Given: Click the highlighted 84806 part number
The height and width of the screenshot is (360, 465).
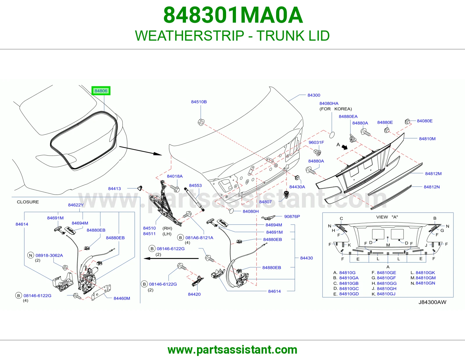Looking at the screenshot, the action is [101, 91].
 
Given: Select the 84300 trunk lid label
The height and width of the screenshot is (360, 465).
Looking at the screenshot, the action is [314, 95].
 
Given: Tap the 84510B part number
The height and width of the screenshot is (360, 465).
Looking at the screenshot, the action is [199, 102].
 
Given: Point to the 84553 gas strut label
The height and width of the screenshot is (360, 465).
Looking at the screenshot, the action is [195, 185].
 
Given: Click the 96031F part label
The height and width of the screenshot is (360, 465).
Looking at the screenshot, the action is [316, 142].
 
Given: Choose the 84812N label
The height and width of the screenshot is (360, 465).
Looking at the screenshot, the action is [432, 187].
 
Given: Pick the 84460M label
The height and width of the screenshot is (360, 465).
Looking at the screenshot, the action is [122, 298].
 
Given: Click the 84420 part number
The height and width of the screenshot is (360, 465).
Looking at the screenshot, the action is [194, 294].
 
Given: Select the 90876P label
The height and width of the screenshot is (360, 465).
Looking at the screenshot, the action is [292, 216].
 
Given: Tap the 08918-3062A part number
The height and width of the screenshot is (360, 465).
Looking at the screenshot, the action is [49, 255].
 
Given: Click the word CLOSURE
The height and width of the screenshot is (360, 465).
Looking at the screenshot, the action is [28, 202].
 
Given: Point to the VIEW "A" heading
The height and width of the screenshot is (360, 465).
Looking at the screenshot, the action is [387, 217].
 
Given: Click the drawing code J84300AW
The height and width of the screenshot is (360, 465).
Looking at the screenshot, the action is [432, 302].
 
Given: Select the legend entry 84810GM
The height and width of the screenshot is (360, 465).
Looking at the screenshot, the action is [425, 278].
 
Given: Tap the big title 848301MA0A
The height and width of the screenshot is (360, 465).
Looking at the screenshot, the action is [233, 15].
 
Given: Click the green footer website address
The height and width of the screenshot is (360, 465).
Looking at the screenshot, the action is [233, 350].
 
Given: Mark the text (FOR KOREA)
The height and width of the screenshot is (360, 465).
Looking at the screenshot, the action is [336, 109].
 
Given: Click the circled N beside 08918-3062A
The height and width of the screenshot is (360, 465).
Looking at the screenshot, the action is [31, 255].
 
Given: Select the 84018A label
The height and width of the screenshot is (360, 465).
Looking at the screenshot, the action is [175, 176].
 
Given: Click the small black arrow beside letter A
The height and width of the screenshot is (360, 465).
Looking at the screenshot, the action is [344, 147].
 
